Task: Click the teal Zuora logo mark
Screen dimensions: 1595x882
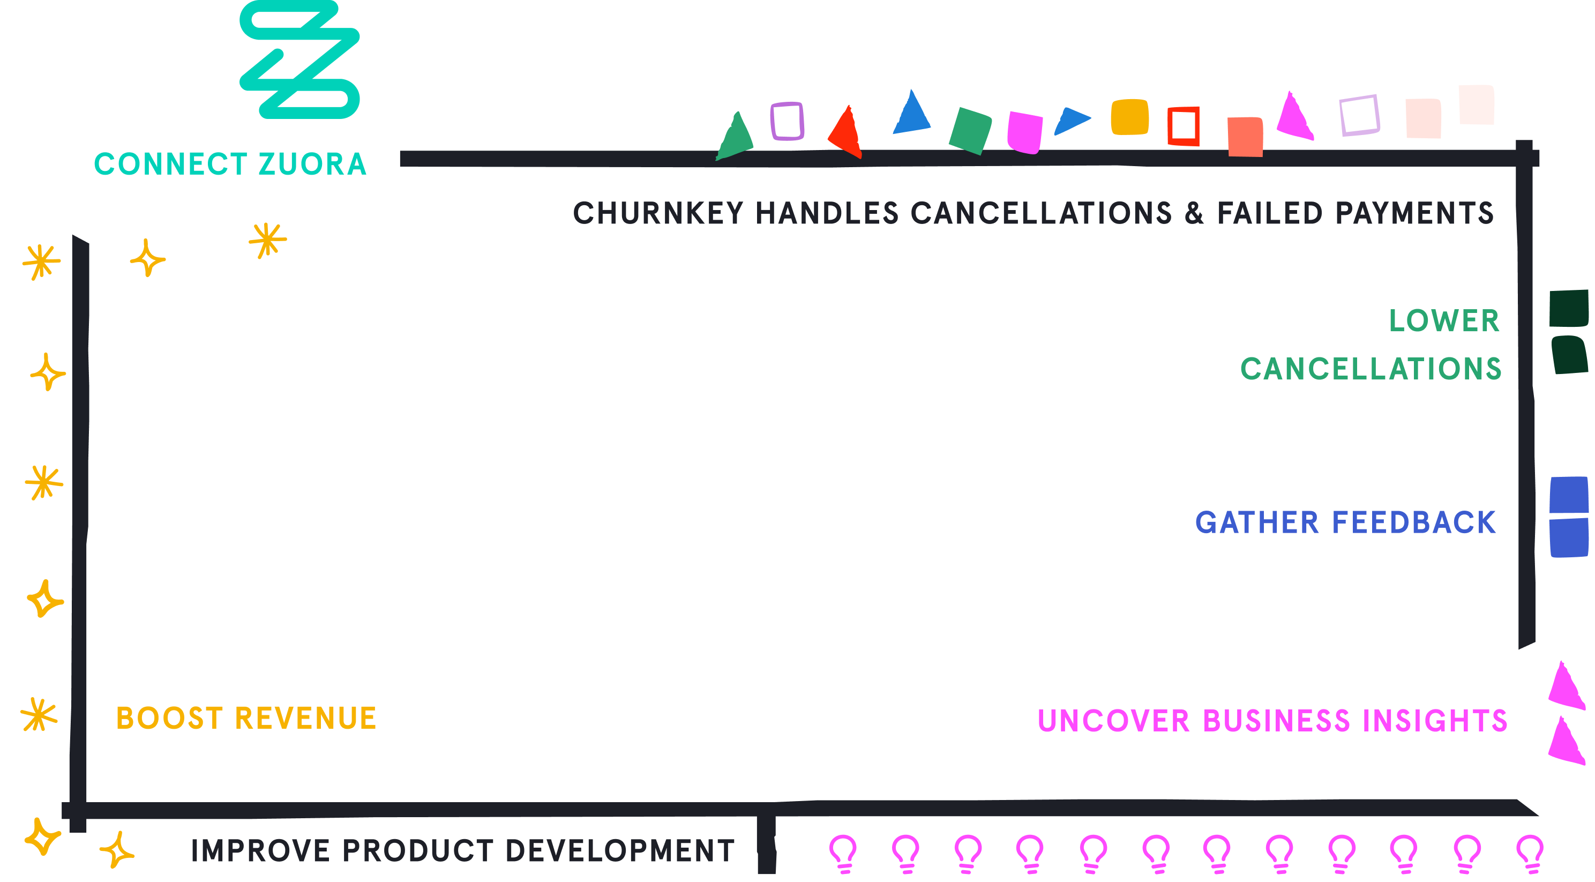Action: [299, 59]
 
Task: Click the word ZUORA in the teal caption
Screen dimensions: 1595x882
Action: [313, 164]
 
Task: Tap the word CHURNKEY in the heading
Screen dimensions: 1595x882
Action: [658, 213]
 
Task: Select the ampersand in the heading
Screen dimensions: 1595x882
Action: [1194, 213]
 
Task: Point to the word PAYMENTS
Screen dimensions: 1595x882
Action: [1415, 213]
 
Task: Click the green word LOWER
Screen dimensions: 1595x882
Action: [1444, 321]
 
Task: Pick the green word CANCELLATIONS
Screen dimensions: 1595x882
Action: [1371, 369]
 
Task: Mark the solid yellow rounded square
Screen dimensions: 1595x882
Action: [1130, 117]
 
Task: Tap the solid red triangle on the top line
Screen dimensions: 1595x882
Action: [846, 133]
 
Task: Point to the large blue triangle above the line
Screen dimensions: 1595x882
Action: [911, 114]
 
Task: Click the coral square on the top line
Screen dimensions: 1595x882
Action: [1245, 137]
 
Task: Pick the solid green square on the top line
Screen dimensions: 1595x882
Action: [970, 131]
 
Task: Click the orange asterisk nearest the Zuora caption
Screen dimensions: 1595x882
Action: [267, 240]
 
